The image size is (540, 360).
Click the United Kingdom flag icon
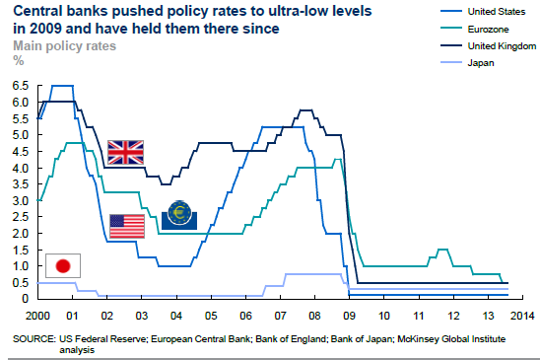click(x=125, y=151)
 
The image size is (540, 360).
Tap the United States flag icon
click(x=125, y=225)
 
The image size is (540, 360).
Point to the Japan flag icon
click(x=63, y=265)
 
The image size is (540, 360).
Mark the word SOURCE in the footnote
click(x=34, y=338)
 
